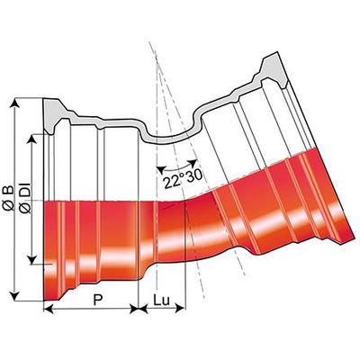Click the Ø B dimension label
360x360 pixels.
tap(8, 198)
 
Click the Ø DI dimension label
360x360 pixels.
tap(26, 198)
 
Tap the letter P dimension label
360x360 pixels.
tap(96, 300)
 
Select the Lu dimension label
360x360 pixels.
tap(162, 300)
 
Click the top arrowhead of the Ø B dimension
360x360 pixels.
tap(14, 102)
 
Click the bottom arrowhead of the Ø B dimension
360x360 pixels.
tap(14, 296)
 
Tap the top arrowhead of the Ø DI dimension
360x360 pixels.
tap(31, 138)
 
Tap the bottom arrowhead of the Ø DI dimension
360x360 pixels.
tap(31, 260)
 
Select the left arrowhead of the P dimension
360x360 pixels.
tap(49, 309)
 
